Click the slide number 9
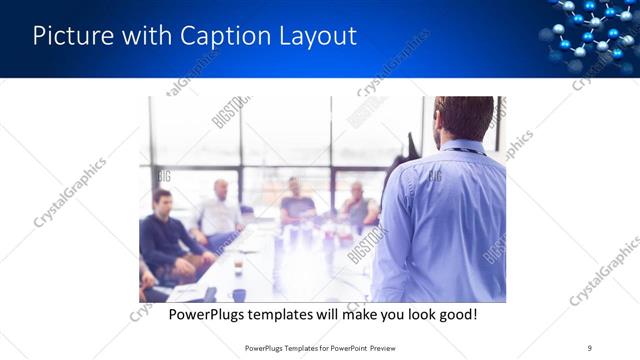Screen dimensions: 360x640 590,347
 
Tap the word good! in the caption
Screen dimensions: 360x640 455,315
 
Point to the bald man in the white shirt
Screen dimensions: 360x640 220,211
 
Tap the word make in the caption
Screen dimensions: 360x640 355,315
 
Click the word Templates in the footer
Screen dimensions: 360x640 293,347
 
